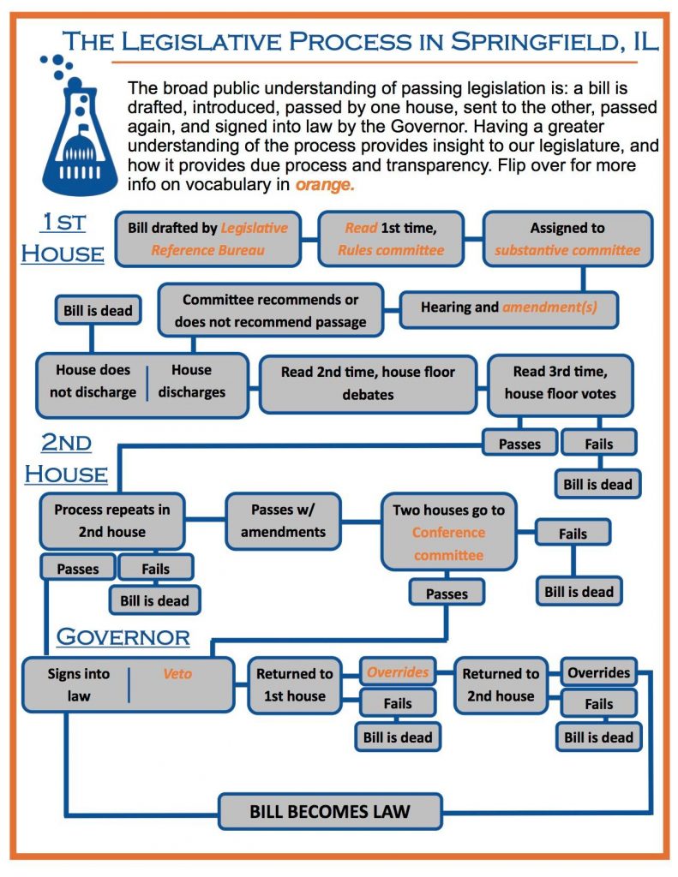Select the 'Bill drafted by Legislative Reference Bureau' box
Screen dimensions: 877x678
click(208, 239)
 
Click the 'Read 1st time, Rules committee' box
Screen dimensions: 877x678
click(391, 239)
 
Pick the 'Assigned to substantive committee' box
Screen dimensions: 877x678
click(567, 239)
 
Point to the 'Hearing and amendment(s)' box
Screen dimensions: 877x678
click(510, 307)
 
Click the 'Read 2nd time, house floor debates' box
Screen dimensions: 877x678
click(369, 383)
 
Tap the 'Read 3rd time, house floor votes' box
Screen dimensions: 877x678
click(560, 383)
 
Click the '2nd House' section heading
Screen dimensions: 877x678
click(66, 457)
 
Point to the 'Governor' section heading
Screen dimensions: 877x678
click(123, 636)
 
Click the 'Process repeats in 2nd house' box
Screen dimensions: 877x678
click(112, 520)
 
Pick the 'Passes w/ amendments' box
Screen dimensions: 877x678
click(283, 520)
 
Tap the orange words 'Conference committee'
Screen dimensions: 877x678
click(448, 543)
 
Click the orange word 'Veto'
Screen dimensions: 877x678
click(177, 674)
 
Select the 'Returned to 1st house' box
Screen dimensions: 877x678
click(295, 684)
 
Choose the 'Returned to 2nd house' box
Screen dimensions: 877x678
click(501, 684)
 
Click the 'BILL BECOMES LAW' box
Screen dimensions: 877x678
click(330, 810)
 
